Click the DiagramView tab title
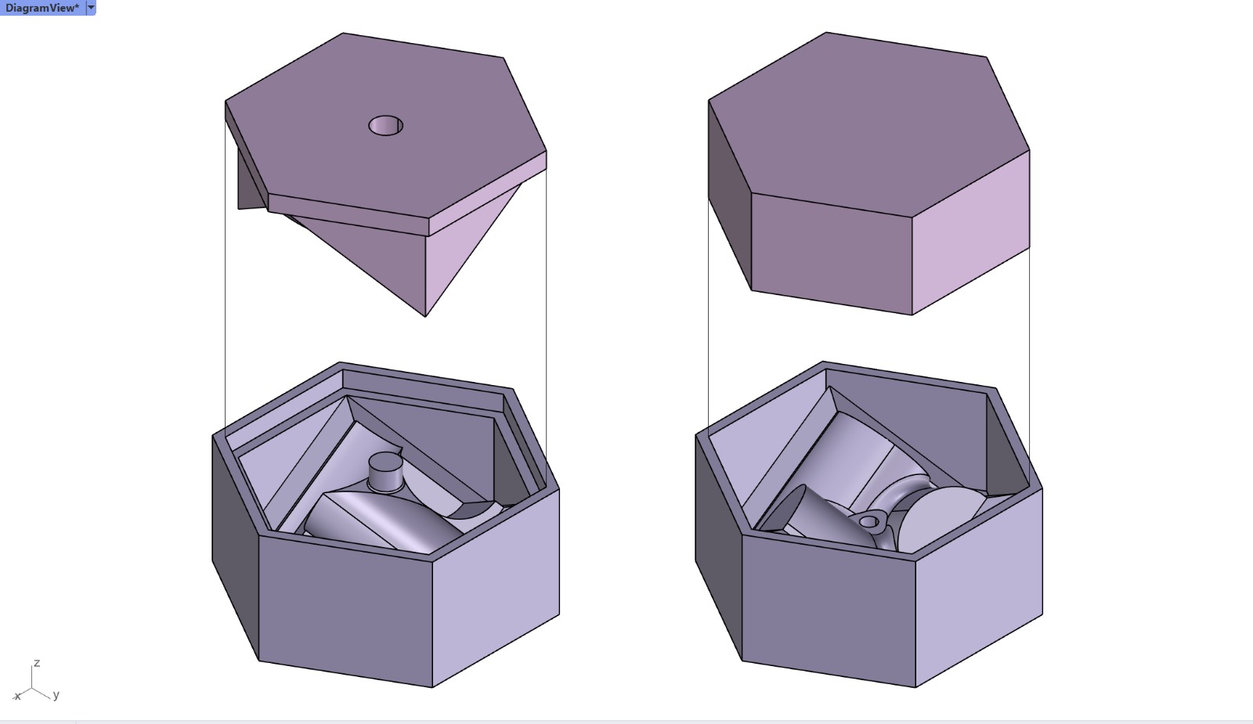[x=42, y=8]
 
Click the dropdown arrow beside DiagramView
[x=91, y=8]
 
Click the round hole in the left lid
[x=385, y=125]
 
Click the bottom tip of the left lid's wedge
[x=425, y=315]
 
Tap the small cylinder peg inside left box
[x=384, y=471]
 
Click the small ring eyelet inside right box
[x=869, y=520]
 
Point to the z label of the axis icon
[x=37, y=664]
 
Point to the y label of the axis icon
[x=56, y=695]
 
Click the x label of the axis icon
[x=17, y=696]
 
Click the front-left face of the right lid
[x=830, y=250]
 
